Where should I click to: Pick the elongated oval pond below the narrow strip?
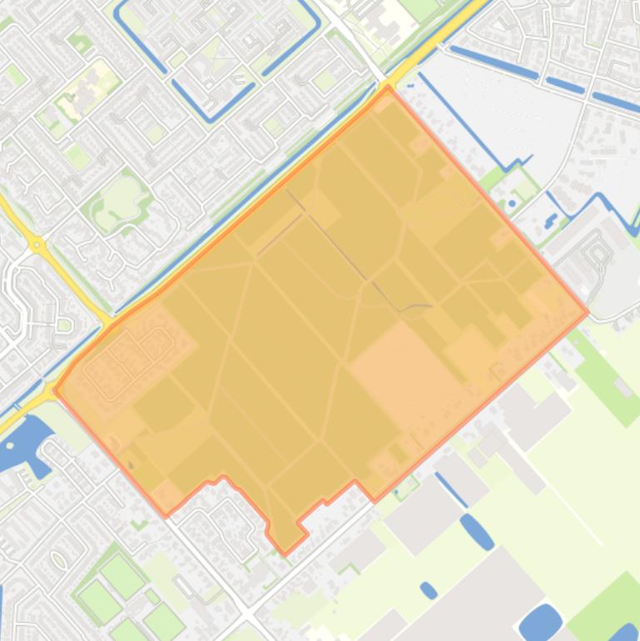coord(477,531)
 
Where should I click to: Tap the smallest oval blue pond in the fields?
coord(429,590)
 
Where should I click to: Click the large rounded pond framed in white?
coord(540,621)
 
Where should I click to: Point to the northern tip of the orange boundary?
coord(387,87)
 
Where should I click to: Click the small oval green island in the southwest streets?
coord(59,559)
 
